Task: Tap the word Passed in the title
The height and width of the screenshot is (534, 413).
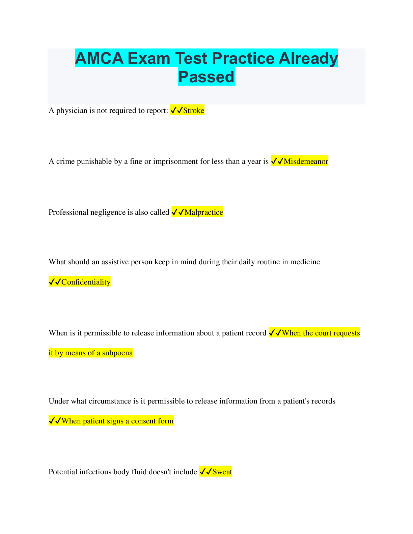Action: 206,77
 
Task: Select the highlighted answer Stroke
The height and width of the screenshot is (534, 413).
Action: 194,111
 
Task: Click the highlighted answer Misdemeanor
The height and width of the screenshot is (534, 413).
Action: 306,161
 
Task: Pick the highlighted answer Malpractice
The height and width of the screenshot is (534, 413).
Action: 204,212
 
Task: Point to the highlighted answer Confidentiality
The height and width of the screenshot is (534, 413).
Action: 86,282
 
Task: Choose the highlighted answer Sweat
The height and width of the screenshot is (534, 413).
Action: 222,472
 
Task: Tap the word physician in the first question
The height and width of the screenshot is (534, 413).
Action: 72,111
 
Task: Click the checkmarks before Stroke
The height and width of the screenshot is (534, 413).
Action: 176,110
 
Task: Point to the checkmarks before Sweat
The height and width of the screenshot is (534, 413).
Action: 205,472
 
